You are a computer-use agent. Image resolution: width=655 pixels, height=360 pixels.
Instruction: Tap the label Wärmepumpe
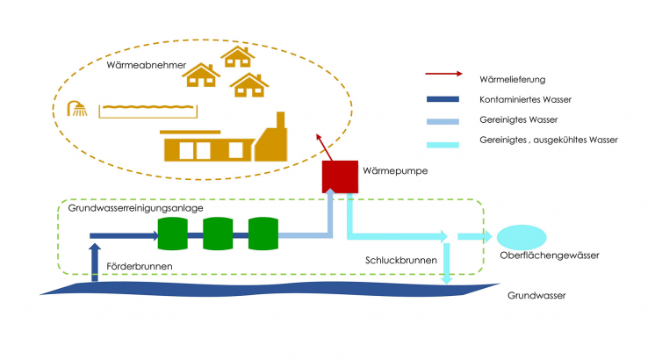[x=390, y=171]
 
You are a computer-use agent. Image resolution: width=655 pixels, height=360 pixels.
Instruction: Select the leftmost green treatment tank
[x=172, y=234]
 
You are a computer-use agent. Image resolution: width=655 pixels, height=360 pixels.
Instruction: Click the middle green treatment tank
[x=217, y=234]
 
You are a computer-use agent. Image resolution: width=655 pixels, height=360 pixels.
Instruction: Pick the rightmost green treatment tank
[x=263, y=234]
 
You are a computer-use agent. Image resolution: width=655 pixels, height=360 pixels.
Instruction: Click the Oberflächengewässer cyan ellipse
[x=522, y=236]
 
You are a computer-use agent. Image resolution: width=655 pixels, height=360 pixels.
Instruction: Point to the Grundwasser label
[x=536, y=296]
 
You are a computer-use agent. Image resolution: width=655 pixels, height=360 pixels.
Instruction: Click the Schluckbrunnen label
[x=396, y=261]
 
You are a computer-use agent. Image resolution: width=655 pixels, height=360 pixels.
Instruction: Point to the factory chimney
[x=282, y=123]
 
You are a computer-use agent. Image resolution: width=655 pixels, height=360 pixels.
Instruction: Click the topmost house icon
[x=237, y=57]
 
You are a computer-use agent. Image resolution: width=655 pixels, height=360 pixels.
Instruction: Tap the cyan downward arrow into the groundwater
[x=448, y=264]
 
